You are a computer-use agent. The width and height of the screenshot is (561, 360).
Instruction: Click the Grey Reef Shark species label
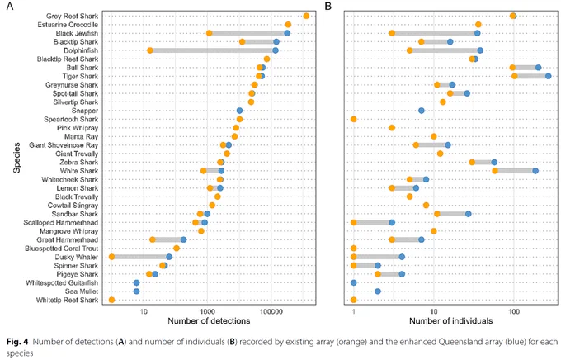[72, 17]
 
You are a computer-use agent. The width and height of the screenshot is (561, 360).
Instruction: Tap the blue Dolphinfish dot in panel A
[275, 50]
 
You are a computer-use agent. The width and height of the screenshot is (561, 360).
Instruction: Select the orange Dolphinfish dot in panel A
[150, 50]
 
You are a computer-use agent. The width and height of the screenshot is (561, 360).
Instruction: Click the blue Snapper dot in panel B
[422, 111]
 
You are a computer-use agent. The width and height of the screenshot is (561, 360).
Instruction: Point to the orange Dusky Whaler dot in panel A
[111, 257]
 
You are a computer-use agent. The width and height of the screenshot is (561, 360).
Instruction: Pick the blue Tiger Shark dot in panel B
[548, 76]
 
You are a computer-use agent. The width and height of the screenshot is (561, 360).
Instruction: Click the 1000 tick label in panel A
[207, 311]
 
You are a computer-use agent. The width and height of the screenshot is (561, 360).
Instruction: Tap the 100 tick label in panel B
[514, 311]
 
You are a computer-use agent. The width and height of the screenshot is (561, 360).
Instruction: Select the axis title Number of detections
[209, 321]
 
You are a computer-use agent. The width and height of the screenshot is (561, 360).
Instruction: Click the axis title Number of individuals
[450, 321]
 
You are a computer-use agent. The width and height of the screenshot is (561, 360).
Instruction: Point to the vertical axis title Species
[16, 158]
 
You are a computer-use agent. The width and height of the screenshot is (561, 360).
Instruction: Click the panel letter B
[328, 6]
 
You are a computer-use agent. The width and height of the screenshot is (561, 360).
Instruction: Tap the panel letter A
[10, 6]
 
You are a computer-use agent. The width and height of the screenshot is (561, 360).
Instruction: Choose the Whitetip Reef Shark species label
[67, 300]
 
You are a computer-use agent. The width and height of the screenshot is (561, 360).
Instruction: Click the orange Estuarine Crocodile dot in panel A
[288, 25]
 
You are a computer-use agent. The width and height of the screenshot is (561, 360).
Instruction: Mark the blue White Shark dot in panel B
[535, 171]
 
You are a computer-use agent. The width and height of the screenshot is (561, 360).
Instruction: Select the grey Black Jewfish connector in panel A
[248, 33]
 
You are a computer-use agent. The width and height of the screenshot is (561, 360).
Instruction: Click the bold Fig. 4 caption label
[17, 342]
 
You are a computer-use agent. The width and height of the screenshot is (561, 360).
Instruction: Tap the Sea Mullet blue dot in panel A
[136, 291]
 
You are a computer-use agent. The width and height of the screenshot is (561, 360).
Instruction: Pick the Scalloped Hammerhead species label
[61, 222]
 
